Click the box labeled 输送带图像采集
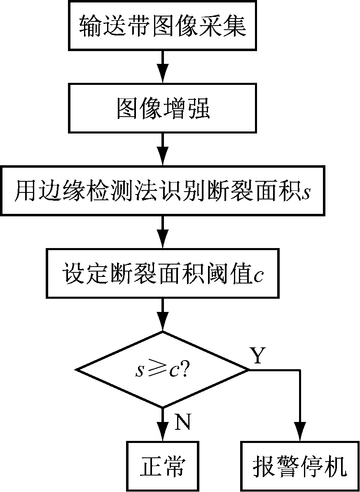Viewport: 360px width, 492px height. pos(163,26)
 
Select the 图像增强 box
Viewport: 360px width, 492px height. pos(163,109)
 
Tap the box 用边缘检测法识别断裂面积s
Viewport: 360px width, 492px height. pos(163,191)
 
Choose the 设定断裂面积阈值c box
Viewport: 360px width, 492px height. pos(163,273)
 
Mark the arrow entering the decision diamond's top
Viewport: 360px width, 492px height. pos(163,315)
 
